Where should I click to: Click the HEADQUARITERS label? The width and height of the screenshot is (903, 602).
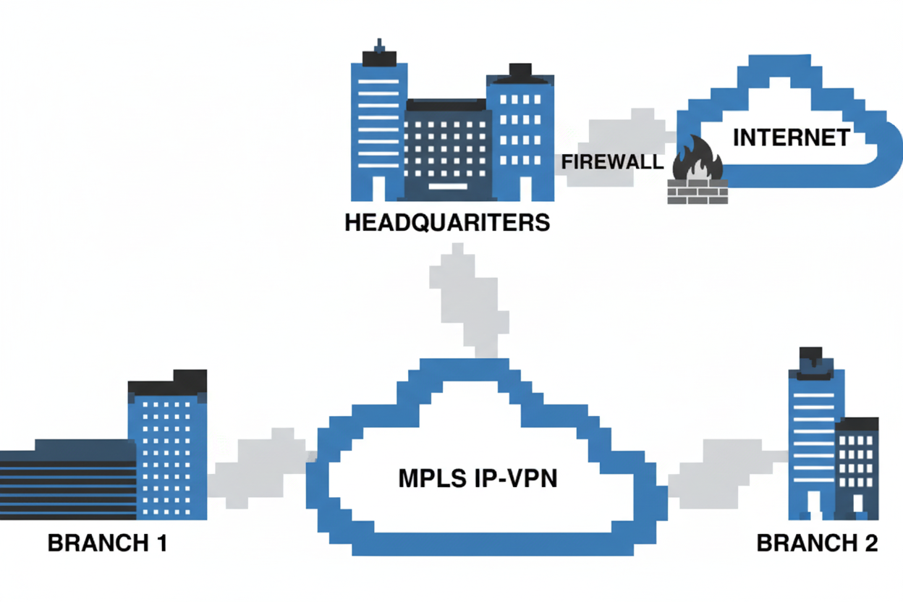coord(447,221)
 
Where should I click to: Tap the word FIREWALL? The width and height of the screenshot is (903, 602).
coord(613,161)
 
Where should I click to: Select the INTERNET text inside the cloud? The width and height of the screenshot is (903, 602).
coord(791,137)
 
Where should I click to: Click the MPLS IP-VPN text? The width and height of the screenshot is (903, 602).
coord(478,479)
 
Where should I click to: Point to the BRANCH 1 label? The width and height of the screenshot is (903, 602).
coord(108,543)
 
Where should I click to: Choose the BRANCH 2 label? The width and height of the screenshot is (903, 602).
coord(818,543)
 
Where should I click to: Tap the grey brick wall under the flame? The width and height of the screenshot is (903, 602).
coord(698,192)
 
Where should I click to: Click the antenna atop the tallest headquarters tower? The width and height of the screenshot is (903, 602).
coord(378,51)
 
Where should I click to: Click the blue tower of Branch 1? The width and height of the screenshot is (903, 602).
coord(168,456)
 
